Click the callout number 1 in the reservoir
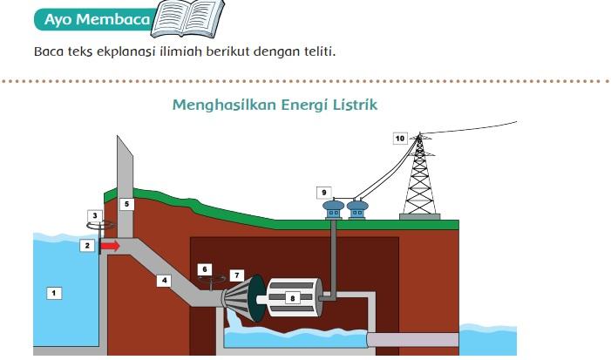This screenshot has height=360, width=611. [54, 293]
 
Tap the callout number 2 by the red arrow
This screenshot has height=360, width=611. [86, 246]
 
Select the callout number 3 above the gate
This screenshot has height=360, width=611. [96, 215]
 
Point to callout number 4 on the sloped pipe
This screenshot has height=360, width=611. [163, 280]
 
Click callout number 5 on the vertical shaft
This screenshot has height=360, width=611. [126, 204]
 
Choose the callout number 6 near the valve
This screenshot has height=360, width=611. [204, 269]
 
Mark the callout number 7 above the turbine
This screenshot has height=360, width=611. [236, 275]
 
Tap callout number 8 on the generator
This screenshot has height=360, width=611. [292, 297]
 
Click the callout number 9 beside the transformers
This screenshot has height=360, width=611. [323, 193]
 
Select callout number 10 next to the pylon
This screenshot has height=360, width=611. [399, 138]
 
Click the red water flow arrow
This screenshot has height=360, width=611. [110, 247]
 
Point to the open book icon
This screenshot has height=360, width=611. [187, 18]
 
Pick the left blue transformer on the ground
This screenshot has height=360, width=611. [334, 209]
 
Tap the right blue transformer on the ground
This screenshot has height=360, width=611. [356, 209]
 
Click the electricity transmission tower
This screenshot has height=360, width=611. [420, 179]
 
